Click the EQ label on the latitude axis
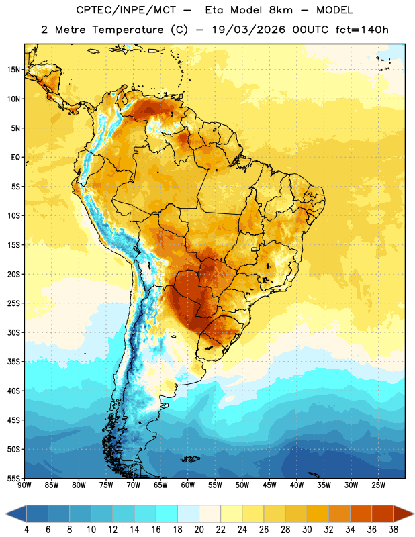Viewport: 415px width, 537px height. [x=15, y=158]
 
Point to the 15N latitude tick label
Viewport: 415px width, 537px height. [x=13, y=70]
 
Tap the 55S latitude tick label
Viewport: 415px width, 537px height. [x=13, y=478]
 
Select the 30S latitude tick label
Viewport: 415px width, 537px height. [x=13, y=332]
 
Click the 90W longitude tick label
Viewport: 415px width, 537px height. [x=24, y=485]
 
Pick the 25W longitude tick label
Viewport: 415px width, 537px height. [x=378, y=485]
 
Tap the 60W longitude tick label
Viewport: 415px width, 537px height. [x=188, y=485]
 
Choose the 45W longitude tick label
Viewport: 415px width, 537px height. [x=269, y=485]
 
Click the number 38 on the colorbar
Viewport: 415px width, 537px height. [x=394, y=530]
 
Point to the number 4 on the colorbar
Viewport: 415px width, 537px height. [x=26, y=530]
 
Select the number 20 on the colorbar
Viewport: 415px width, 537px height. [x=199, y=530]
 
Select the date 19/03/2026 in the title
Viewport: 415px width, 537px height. [x=248, y=30]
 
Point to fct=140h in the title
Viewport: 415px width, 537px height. [x=362, y=30]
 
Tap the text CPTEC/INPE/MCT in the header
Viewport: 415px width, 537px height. [x=126, y=10]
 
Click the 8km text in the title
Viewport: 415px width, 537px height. [x=281, y=10]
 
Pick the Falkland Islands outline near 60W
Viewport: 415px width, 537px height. [x=191, y=459]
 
